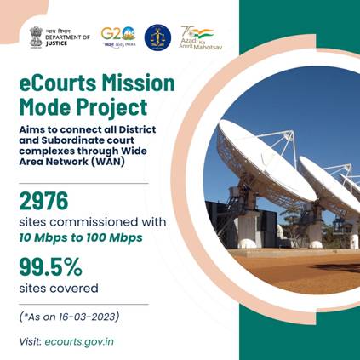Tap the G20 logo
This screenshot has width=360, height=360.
(x=117, y=36)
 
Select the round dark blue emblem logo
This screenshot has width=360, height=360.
(x=157, y=37)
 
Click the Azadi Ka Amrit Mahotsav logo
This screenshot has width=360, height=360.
(x=197, y=36)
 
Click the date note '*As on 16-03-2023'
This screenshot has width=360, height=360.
(x=69, y=317)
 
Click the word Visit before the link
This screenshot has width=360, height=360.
(x=29, y=340)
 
